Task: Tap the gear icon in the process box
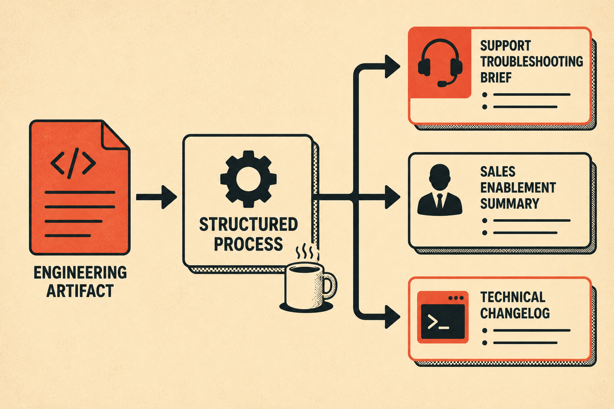coord(248,179)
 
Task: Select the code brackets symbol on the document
coord(73,163)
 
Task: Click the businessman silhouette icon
coord(440,190)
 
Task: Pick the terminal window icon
coord(443,317)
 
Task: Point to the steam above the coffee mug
coord(305,251)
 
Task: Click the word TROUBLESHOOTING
coord(532,62)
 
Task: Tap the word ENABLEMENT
coord(518,188)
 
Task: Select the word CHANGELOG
coord(515,313)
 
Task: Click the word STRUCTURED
coord(248,224)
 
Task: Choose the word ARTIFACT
coord(80,291)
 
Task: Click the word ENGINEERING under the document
coord(80,272)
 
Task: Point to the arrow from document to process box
coord(157,197)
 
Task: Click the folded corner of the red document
coord(114,135)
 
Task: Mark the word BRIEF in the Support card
coord(496,77)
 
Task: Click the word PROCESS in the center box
coord(248,244)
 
